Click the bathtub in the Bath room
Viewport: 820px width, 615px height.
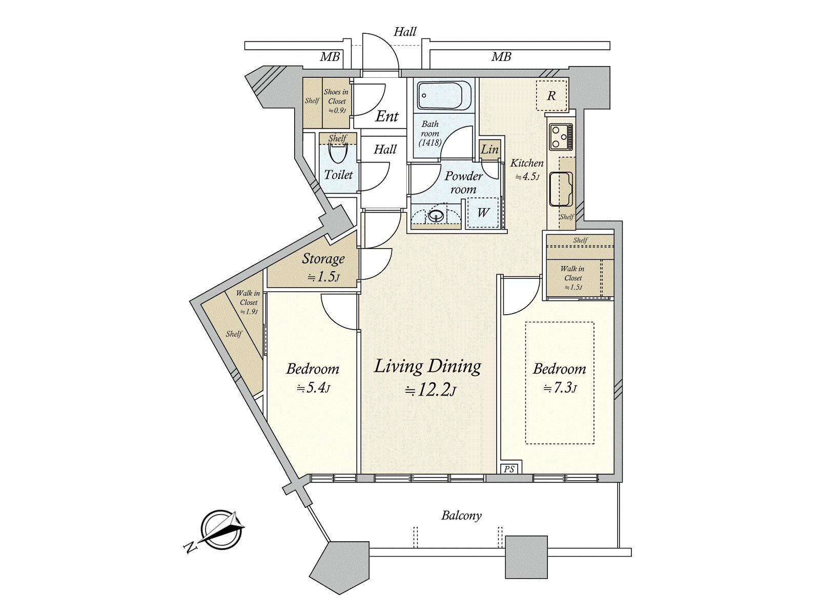(444, 95)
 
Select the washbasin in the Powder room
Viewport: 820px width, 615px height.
(436, 215)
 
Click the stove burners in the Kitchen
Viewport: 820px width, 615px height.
(561, 137)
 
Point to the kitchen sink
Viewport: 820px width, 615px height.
(561, 189)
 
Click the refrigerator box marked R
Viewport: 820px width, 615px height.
(551, 96)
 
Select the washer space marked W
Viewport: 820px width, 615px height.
(483, 213)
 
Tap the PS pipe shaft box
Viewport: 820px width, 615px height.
(509, 469)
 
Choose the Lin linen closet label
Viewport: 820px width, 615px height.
(489, 150)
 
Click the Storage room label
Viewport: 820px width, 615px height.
(323, 258)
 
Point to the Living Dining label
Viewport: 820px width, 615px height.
(427, 366)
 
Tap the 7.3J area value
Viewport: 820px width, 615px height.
(560, 388)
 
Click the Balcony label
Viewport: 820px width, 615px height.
(461, 516)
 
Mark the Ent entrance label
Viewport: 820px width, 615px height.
(387, 116)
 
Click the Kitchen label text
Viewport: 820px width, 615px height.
(527, 163)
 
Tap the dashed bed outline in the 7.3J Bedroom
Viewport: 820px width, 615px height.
(560, 383)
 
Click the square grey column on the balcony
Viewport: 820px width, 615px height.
(526, 557)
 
